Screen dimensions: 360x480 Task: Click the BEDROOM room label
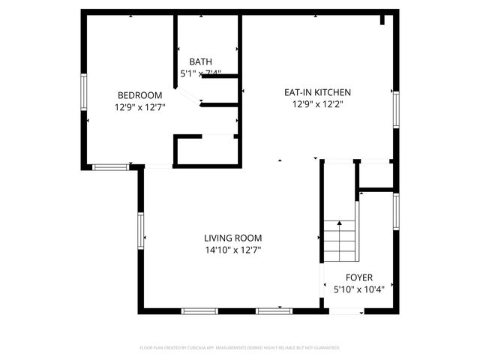click(x=140, y=95)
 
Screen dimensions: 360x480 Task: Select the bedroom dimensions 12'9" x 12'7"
click(x=140, y=108)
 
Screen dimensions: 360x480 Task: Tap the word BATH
click(x=200, y=61)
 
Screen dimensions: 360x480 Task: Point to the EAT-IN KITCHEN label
click(x=317, y=93)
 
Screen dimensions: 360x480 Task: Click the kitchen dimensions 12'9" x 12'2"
click(x=317, y=105)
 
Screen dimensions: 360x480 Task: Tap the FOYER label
click(x=358, y=277)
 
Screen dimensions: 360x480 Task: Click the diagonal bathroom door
click(x=187, y=96)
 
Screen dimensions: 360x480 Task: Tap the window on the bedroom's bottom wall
click(x=109, y=166)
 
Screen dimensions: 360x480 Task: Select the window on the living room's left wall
click(x=140, y=229)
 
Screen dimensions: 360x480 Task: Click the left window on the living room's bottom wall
click(x=199, y=310)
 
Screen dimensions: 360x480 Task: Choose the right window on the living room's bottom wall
click(x=273, y=310)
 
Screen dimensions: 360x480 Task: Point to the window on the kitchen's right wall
click(x=395, y=109)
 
